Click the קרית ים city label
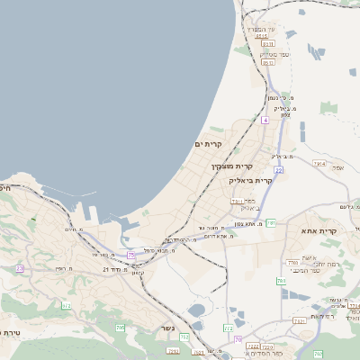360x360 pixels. (208, 144)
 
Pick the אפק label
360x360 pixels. (338, 167)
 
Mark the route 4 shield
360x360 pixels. (265, 120)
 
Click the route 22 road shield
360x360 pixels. (280, 169)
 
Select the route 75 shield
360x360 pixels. (131, 256)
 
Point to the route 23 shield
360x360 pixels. (19, 268)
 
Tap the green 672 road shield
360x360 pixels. (66, 307)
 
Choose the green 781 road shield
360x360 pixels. (271, 222)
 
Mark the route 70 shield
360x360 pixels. (238, 339)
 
